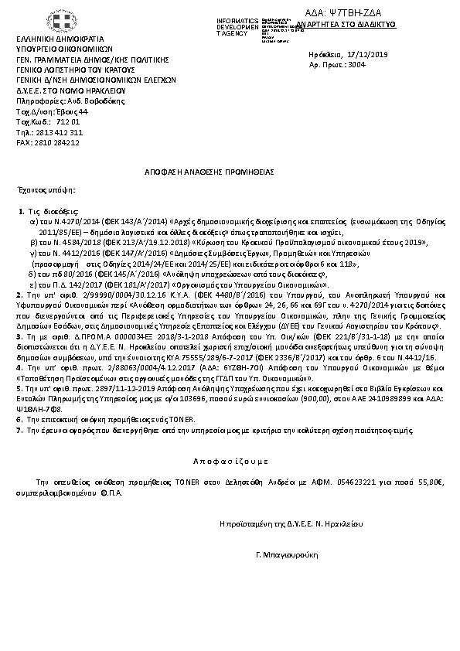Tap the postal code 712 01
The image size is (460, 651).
[69, 122]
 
